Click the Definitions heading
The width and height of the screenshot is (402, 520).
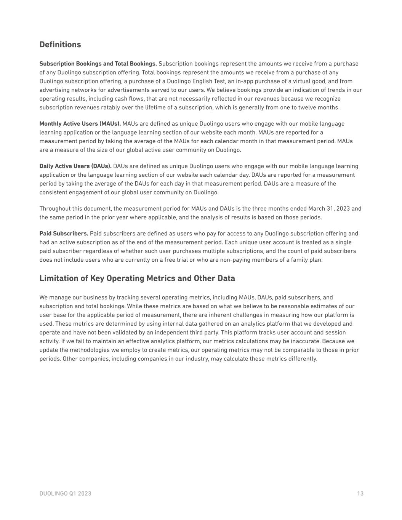click(60, 45)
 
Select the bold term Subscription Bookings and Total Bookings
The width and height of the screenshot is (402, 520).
click(98, 64)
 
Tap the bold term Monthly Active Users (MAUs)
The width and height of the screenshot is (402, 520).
click(80, 124)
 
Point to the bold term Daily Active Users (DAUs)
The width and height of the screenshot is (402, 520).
click(75, 166)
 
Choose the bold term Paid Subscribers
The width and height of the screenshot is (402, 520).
click(64, 234)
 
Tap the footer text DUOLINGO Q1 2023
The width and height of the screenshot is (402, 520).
click(65, 494)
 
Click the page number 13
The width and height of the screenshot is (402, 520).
click(360, 494)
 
